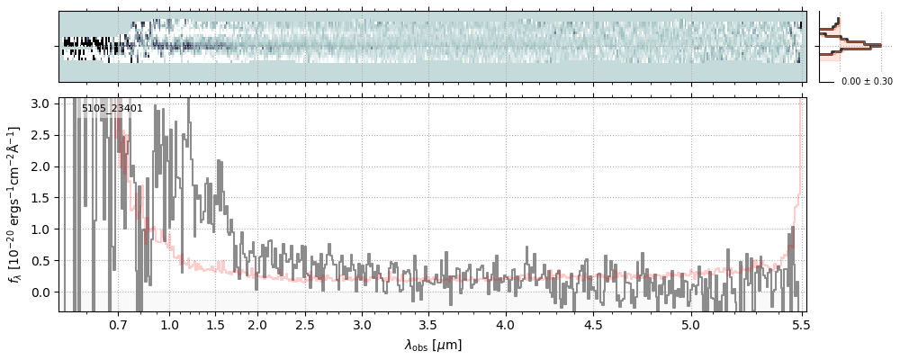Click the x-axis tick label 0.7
pyautogui.click(x=118, y=324)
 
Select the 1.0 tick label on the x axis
pyautogui.click(x=169, y=324)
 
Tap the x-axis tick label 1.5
pyautogui.click(x=215, y=324)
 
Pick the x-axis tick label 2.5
pyautogui.click(x=305, y=324)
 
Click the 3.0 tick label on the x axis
pyautogui.click(x=362, y=324)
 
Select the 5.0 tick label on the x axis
pyautogui.click(x=690, y=324)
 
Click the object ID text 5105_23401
pyautogui.click(x=112, y=109)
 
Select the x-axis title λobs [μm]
pyautogui.click(x=433, y=345)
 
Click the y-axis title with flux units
pyautogui.click(x=14, y=205)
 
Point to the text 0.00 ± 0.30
pyautogui.click(x=866, y=82)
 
